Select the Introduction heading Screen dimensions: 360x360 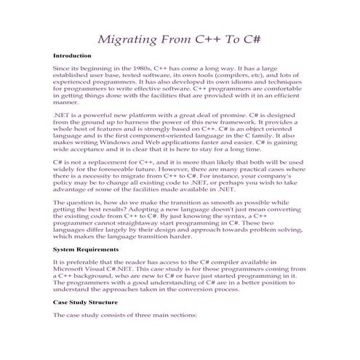[72, 55]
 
